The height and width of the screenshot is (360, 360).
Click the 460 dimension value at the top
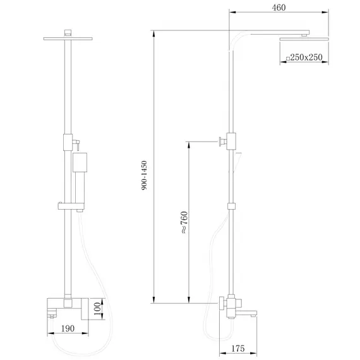click(x=279, y=8)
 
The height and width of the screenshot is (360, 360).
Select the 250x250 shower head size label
click(x=307, y=57)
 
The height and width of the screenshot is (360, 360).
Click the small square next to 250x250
click(x=287, y=58)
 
